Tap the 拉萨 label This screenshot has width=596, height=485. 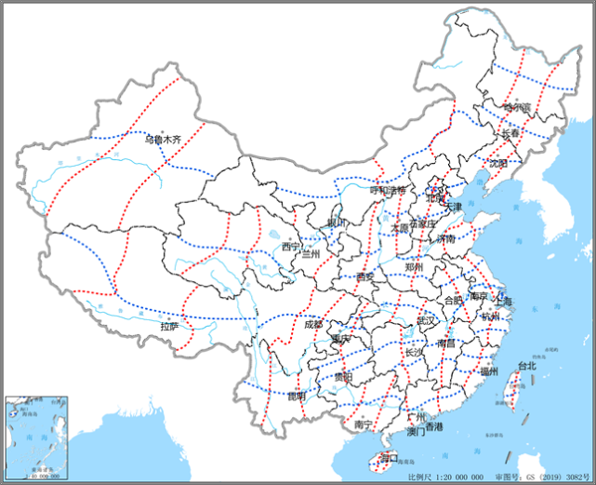coord(169,327)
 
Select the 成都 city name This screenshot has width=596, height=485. coord(313,325)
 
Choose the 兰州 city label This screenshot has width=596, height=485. coord(311,254)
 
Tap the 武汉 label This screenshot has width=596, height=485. coord(426,319)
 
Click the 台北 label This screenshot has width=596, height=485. coord(527,366)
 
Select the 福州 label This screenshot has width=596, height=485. coord(490,370)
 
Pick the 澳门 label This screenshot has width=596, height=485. coord(416,432)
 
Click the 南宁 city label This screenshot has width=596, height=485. coord(364,424)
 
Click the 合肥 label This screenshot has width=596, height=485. coord(452,301)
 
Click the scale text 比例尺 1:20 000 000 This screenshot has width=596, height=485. coord(445,476)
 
